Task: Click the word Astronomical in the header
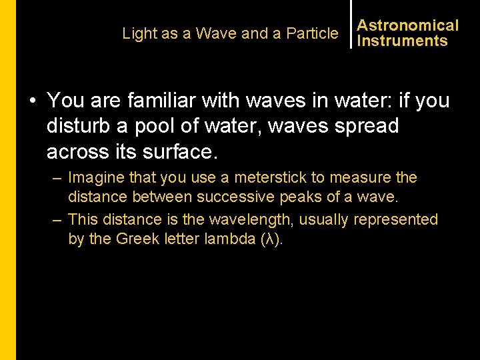(x=407, y=26)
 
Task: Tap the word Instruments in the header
(x=402, y=41)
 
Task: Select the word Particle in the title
(x=312, y=33)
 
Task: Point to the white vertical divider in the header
(x=351, y=25)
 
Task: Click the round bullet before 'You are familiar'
(x=32, y=101)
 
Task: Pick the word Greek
(x=138, y=239)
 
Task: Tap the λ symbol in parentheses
(x=269, y=239)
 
